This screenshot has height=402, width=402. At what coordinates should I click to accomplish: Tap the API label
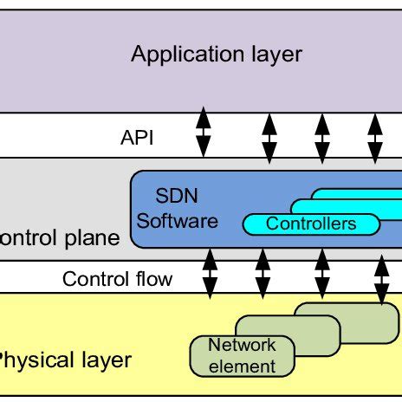137,137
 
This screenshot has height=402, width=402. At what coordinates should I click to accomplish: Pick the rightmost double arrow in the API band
375,135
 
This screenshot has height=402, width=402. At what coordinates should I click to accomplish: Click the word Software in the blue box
178,221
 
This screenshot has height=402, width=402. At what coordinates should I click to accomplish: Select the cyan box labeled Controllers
310,224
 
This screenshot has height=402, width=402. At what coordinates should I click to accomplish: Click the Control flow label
117,279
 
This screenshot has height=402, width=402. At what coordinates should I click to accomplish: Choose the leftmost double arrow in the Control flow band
209,273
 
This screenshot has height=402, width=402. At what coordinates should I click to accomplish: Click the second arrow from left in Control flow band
263,273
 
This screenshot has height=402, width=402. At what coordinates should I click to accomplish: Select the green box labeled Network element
241,355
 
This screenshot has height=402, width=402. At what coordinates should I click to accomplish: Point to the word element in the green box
243,366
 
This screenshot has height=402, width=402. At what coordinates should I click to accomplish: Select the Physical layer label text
65,360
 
